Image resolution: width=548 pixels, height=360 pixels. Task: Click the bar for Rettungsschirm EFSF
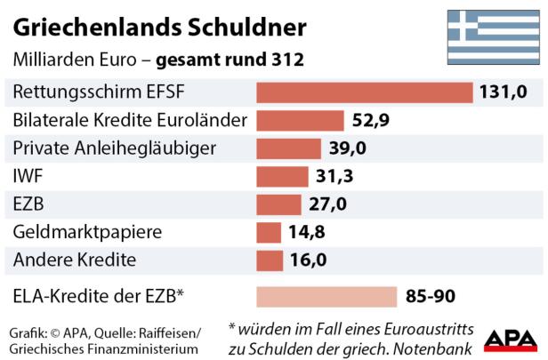pyautogui.click(x=364, y=92)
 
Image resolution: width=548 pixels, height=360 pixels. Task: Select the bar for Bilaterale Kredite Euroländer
pyautogui.click(x=300, y=121)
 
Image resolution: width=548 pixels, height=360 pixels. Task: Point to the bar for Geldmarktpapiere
pyautogui.click(x=269, y=233)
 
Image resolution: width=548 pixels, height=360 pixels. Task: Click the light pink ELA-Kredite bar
pyautogui.click(x=326, y=296)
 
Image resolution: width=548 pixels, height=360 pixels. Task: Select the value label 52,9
pyautogui.click(x=371, y=121)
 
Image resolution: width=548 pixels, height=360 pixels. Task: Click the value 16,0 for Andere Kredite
pyautogui.click(x=310, y=260)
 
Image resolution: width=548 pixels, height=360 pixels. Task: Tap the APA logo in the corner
pyautogui.click(x=510, y=340)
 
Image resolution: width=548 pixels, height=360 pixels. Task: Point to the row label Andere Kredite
pyautogui.click(x=74, y=260)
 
